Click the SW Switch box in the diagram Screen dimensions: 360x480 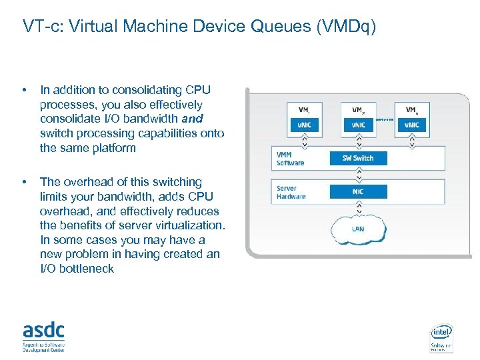pyautogui.click(x=358, y=158)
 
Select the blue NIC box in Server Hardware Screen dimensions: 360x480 pyautogui.click(x=358, y=191)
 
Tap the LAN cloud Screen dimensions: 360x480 pyautogui.click(x=358, y=229)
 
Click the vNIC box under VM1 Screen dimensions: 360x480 pyautogui.click(x=303, y=125)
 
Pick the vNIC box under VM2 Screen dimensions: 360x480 pyautogui.click(x=358, y=125)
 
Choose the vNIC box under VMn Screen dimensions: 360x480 pyautogui.click(x=412, y=125)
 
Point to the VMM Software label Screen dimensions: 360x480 pyautogui.click(x=290, y=159)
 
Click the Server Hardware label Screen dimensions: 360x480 pyautogui.click(x=291, y=192)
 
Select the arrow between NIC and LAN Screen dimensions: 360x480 pyautogui.click(x=358, y=207)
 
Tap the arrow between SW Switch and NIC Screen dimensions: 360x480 pyautogui.click(x=358, y=175)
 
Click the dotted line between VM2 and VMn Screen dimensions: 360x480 pyautogui.click(x=385, y=121)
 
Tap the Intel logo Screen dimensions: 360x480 pyautogui.click(x=441, y=332)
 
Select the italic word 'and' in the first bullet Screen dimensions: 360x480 pyautogui.click(x=192, y=119)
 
